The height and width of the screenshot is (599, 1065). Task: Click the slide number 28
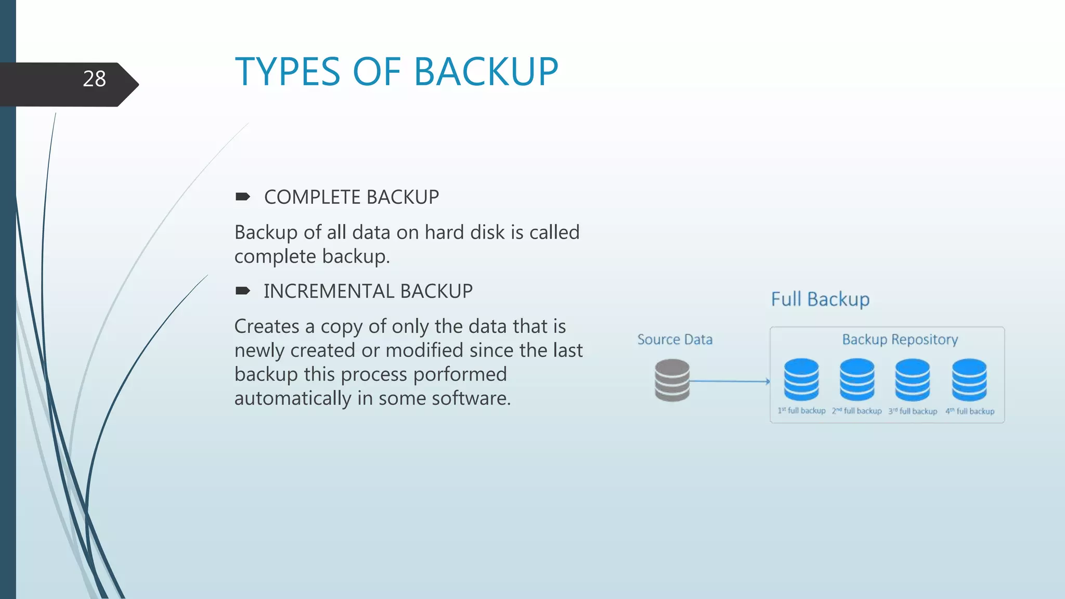pyautogui.click(x=94, y=79)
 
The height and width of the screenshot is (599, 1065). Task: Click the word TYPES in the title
pyautogui.click(x=288, y=72)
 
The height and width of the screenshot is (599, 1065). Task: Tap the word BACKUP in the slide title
pyautogui.click(x=486, y=72)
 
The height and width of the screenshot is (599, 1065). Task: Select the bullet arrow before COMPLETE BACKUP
pyautogui.click(x=242, y=197)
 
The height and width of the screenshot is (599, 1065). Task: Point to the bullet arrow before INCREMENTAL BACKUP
pyautogui.click(x=242, y=291)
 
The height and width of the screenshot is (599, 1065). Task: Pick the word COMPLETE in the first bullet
pyautogui.click(x=313, y=198)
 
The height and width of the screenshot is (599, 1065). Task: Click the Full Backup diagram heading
pyautogui.click(x=820, y=299)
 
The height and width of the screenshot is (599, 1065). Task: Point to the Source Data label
pyautogui.click(x=675, y=340)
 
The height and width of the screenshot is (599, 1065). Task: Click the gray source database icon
pyautogui.click(x=672, y=380)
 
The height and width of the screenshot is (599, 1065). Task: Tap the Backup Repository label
pyautogui.click(x=900, y=340)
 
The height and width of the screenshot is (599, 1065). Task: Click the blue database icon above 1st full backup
pyautogui.click(x=801, y=379)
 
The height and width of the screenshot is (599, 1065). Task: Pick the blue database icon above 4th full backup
pyautogui.click(x=969, y=380)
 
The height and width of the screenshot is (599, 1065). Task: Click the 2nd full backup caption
pyautogui.click(x=856, y=411)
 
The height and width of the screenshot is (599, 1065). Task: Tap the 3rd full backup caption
pyautogui.click(x=913, y=411)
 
